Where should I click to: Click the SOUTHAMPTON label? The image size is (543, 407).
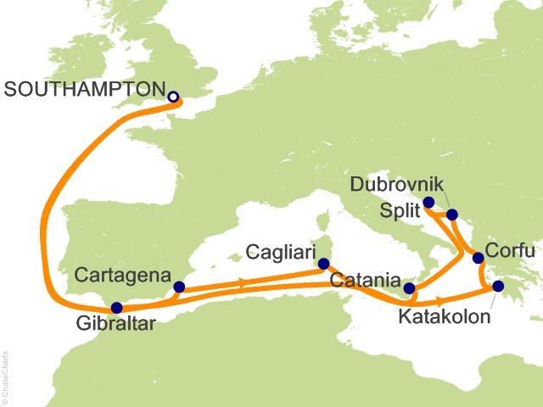tap(83, 88)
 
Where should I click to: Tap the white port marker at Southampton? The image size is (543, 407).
tap(173, 97)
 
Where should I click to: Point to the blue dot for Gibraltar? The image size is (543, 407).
tap(116, 308)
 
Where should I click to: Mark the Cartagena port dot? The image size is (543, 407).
tap(178, 287)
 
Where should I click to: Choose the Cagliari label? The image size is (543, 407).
tap(281, 252)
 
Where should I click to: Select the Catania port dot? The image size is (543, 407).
tap(410, 288)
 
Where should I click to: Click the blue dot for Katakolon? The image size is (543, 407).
tap(498, 287)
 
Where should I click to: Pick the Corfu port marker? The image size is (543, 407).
tap(478, 258)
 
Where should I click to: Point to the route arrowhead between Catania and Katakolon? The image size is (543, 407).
tap(440, 300)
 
